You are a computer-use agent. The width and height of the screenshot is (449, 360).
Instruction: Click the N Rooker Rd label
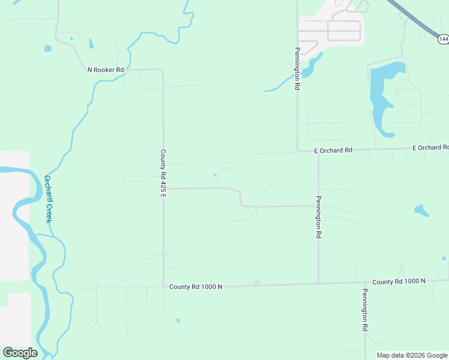click(106, 70)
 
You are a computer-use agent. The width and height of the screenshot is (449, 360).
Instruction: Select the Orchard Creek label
click(48, 199)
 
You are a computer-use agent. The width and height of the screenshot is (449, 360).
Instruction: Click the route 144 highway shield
click(443, 39)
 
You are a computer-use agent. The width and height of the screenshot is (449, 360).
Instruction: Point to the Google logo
click(20, 353)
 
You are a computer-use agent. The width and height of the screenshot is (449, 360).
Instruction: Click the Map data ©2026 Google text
click(412, 355)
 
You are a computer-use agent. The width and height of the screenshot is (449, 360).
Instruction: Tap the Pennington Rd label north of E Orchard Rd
click(297, 69)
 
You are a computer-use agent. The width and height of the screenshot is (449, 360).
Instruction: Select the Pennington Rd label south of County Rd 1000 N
click(364, 310)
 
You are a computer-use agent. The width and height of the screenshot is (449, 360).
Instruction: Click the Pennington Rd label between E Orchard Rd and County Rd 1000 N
click(319, 218)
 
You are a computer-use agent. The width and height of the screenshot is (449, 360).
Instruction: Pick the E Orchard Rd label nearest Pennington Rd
click(333, 151)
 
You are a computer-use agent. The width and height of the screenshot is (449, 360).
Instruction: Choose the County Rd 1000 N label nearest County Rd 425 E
click(196, 287)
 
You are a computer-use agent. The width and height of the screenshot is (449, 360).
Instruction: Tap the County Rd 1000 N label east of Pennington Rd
click(399, 281)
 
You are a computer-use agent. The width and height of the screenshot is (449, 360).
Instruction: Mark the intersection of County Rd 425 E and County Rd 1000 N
click(163, 286)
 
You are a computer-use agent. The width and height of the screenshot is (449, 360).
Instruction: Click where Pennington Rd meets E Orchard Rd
click(298, 151)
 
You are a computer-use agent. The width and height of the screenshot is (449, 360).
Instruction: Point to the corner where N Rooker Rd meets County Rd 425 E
click(162, 70)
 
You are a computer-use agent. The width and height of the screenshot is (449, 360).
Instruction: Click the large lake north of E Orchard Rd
click(381, 96)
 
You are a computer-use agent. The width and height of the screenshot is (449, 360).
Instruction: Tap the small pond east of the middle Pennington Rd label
click(421, 211)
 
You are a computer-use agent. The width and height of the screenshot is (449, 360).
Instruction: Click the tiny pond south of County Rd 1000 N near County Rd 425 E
click(178, 320)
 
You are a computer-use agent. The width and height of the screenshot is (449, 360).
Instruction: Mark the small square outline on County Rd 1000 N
click(257, 283)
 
